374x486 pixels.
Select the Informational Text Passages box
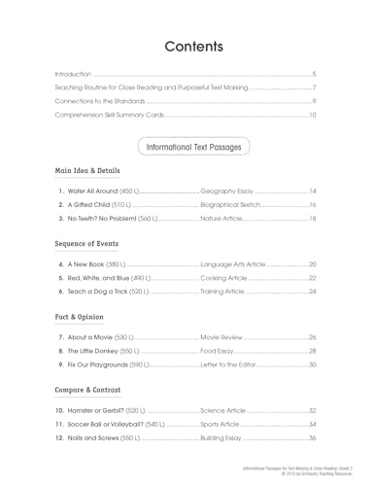point(194,146)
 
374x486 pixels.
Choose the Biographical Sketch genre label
point(231,205)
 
